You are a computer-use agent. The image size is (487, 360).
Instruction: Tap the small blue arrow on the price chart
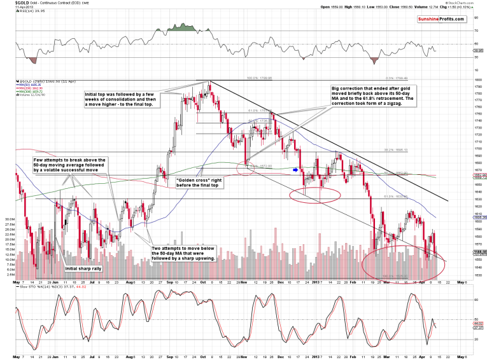[x=295, y=170]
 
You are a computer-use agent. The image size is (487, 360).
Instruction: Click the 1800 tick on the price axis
[x=474, y=80]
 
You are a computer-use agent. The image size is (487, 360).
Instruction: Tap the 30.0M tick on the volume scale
[x=9, y=219]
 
